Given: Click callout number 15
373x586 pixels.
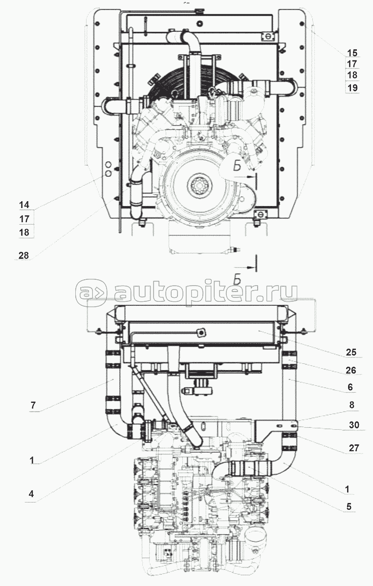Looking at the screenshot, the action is (352, 53).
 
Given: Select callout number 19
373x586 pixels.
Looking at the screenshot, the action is (352, 87).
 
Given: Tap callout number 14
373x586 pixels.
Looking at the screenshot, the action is (24, 205).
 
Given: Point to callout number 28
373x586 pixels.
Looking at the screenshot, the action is (23, 255).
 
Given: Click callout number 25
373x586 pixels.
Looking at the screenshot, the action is (351, 352).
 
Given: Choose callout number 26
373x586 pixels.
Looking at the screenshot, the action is (351, 370).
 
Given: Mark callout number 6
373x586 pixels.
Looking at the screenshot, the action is (351, 387).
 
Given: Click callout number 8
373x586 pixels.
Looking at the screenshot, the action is (351, 405).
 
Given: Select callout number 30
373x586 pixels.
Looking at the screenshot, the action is (354, 425).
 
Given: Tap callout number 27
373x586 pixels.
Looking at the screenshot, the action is (354, 448).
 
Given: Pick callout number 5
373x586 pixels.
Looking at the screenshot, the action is (349, 506).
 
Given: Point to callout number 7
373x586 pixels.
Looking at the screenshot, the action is (33, 405).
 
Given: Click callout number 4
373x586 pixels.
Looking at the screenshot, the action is (31, 494).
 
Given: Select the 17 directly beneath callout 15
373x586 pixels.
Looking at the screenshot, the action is (352, 64).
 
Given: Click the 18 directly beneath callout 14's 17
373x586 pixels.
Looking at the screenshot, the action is (24, 232).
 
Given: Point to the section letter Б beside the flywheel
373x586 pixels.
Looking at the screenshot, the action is (237, 167).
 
